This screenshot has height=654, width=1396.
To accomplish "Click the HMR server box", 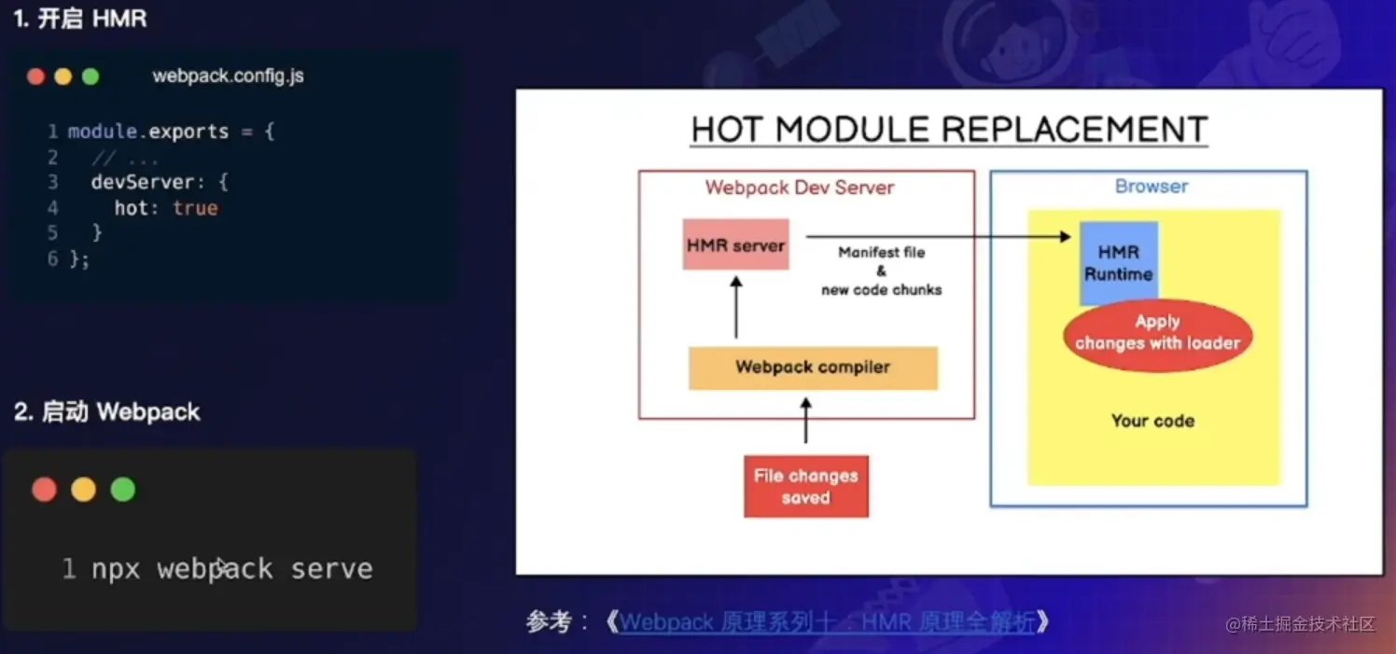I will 735,245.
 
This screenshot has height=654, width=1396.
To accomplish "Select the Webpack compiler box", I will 813,368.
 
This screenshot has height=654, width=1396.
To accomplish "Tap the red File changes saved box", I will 805,486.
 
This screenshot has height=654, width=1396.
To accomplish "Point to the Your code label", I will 1152,421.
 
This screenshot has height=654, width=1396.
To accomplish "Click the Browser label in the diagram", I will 1152,187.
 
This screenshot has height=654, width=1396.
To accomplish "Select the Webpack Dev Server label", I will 800,188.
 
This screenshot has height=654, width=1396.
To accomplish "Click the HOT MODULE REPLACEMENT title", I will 949,130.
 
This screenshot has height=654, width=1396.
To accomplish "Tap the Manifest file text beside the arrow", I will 882,253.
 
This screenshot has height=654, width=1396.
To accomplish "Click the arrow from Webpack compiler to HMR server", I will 735,307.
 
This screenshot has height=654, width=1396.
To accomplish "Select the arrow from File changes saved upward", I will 806,421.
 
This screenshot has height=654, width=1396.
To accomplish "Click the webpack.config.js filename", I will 228,77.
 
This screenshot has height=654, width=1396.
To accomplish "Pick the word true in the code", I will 195,208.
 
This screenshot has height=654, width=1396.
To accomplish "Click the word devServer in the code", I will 143,182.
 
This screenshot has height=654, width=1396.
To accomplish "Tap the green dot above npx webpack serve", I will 123,489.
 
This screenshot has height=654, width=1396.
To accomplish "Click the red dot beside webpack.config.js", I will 36,77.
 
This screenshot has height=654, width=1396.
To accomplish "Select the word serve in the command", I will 331,569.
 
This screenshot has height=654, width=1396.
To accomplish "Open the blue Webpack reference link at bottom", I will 828,622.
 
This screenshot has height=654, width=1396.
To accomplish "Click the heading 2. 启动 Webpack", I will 106,412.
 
